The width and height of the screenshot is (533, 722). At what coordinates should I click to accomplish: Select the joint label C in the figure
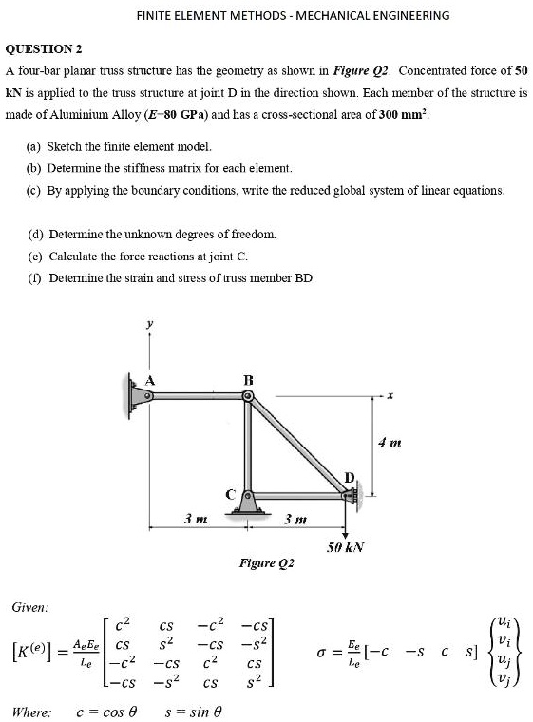click(x=229, y=492)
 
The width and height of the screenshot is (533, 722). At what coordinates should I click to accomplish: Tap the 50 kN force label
click(x=345, y=548)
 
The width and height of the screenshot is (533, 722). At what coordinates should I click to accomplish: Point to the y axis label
click(x=148, y=323)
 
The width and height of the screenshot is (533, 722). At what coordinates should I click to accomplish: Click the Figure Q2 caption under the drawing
click(x=266, y=564)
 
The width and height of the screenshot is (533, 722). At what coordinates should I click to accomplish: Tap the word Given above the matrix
click(x=30, y=605)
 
